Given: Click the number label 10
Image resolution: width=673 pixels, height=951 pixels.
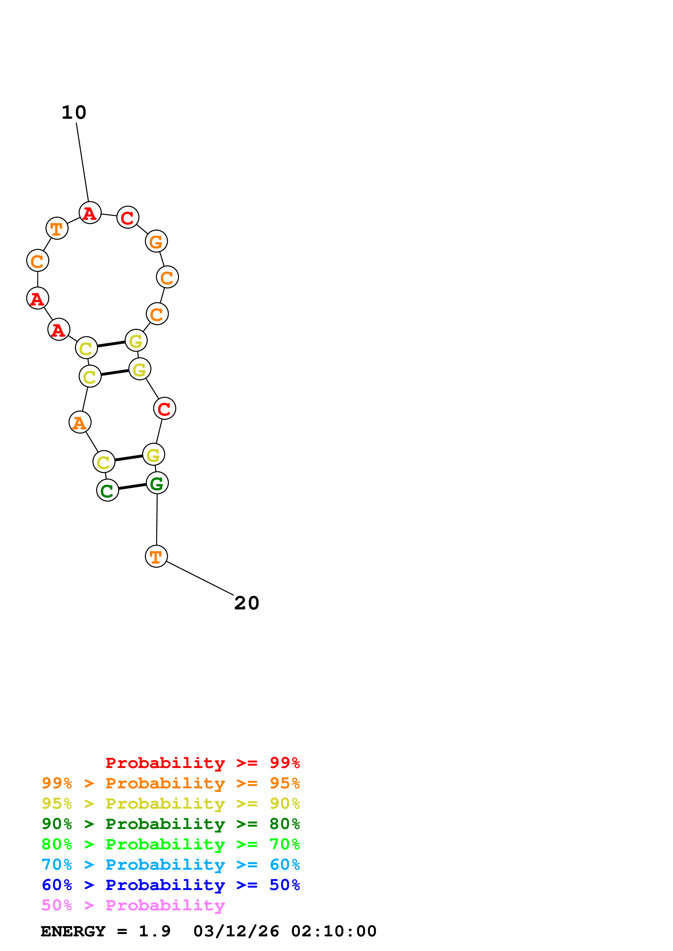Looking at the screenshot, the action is click(x=74, y=113).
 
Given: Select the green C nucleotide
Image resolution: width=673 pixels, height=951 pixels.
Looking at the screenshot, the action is click(x=108, y=490).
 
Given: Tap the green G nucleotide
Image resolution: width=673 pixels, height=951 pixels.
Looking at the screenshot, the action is click(x=157, y=483).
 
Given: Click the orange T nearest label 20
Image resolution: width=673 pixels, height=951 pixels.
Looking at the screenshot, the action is click(x=156, y=556).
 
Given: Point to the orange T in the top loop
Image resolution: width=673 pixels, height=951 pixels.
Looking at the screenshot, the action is click(x=57, y=228).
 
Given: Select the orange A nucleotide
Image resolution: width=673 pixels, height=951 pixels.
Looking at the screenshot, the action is click(x=80, y=422).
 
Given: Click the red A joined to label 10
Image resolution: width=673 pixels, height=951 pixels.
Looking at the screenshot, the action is click(x=90, y=213).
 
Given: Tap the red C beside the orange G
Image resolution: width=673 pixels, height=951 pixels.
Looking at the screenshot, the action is click(x=128, y=217).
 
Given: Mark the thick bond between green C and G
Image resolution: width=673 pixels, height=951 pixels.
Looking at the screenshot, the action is click(x=132, y=487).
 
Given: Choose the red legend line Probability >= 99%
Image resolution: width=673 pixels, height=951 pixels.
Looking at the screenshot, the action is click(x=202, y=763).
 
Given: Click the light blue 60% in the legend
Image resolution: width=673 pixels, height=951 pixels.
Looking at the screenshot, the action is click(x=285, y=865).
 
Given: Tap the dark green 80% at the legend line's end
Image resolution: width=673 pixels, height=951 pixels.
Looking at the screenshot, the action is click(x=285, y=824).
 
